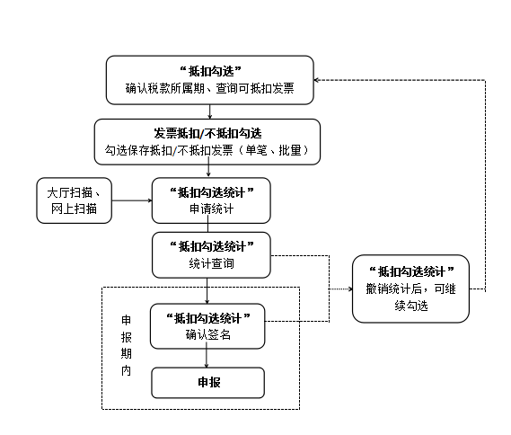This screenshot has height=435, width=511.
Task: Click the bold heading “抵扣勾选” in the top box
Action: [x=210, y=71]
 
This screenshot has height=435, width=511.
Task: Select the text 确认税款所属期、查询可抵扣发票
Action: [x=210, y=88]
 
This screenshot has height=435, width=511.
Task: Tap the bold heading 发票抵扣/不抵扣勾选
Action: [x=207, y=133]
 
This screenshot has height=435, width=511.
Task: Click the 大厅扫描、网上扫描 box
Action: [x=74, y=200]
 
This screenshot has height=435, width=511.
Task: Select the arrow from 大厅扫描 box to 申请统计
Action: [x=132, y=200]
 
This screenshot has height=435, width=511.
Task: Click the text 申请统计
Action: [x=212, y=209]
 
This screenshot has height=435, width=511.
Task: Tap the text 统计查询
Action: [x=212, y=263]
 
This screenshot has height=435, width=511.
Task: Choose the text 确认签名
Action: [x=208, y=334]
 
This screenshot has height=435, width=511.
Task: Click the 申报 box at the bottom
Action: [x=208, y=383]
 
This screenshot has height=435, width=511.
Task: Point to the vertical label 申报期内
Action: [x=126, y=345]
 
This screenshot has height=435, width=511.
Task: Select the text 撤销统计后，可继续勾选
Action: [x=410, y=297]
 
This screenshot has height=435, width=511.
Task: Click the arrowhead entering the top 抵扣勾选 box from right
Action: [x=316, y=80]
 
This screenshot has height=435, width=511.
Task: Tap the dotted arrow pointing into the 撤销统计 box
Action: [x=340, y=289]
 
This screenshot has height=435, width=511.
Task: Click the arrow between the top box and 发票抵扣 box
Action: [x=209, y=111]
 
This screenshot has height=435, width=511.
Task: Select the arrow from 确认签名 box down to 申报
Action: [x=207, y=358]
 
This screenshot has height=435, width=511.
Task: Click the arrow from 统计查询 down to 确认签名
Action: [x=207, y=291]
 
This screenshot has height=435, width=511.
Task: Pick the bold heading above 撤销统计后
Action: [x=411, y=271]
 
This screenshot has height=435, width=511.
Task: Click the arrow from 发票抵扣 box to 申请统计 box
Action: [x=208, y=171]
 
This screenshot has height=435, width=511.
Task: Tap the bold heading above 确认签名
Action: [x=208, y=318]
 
